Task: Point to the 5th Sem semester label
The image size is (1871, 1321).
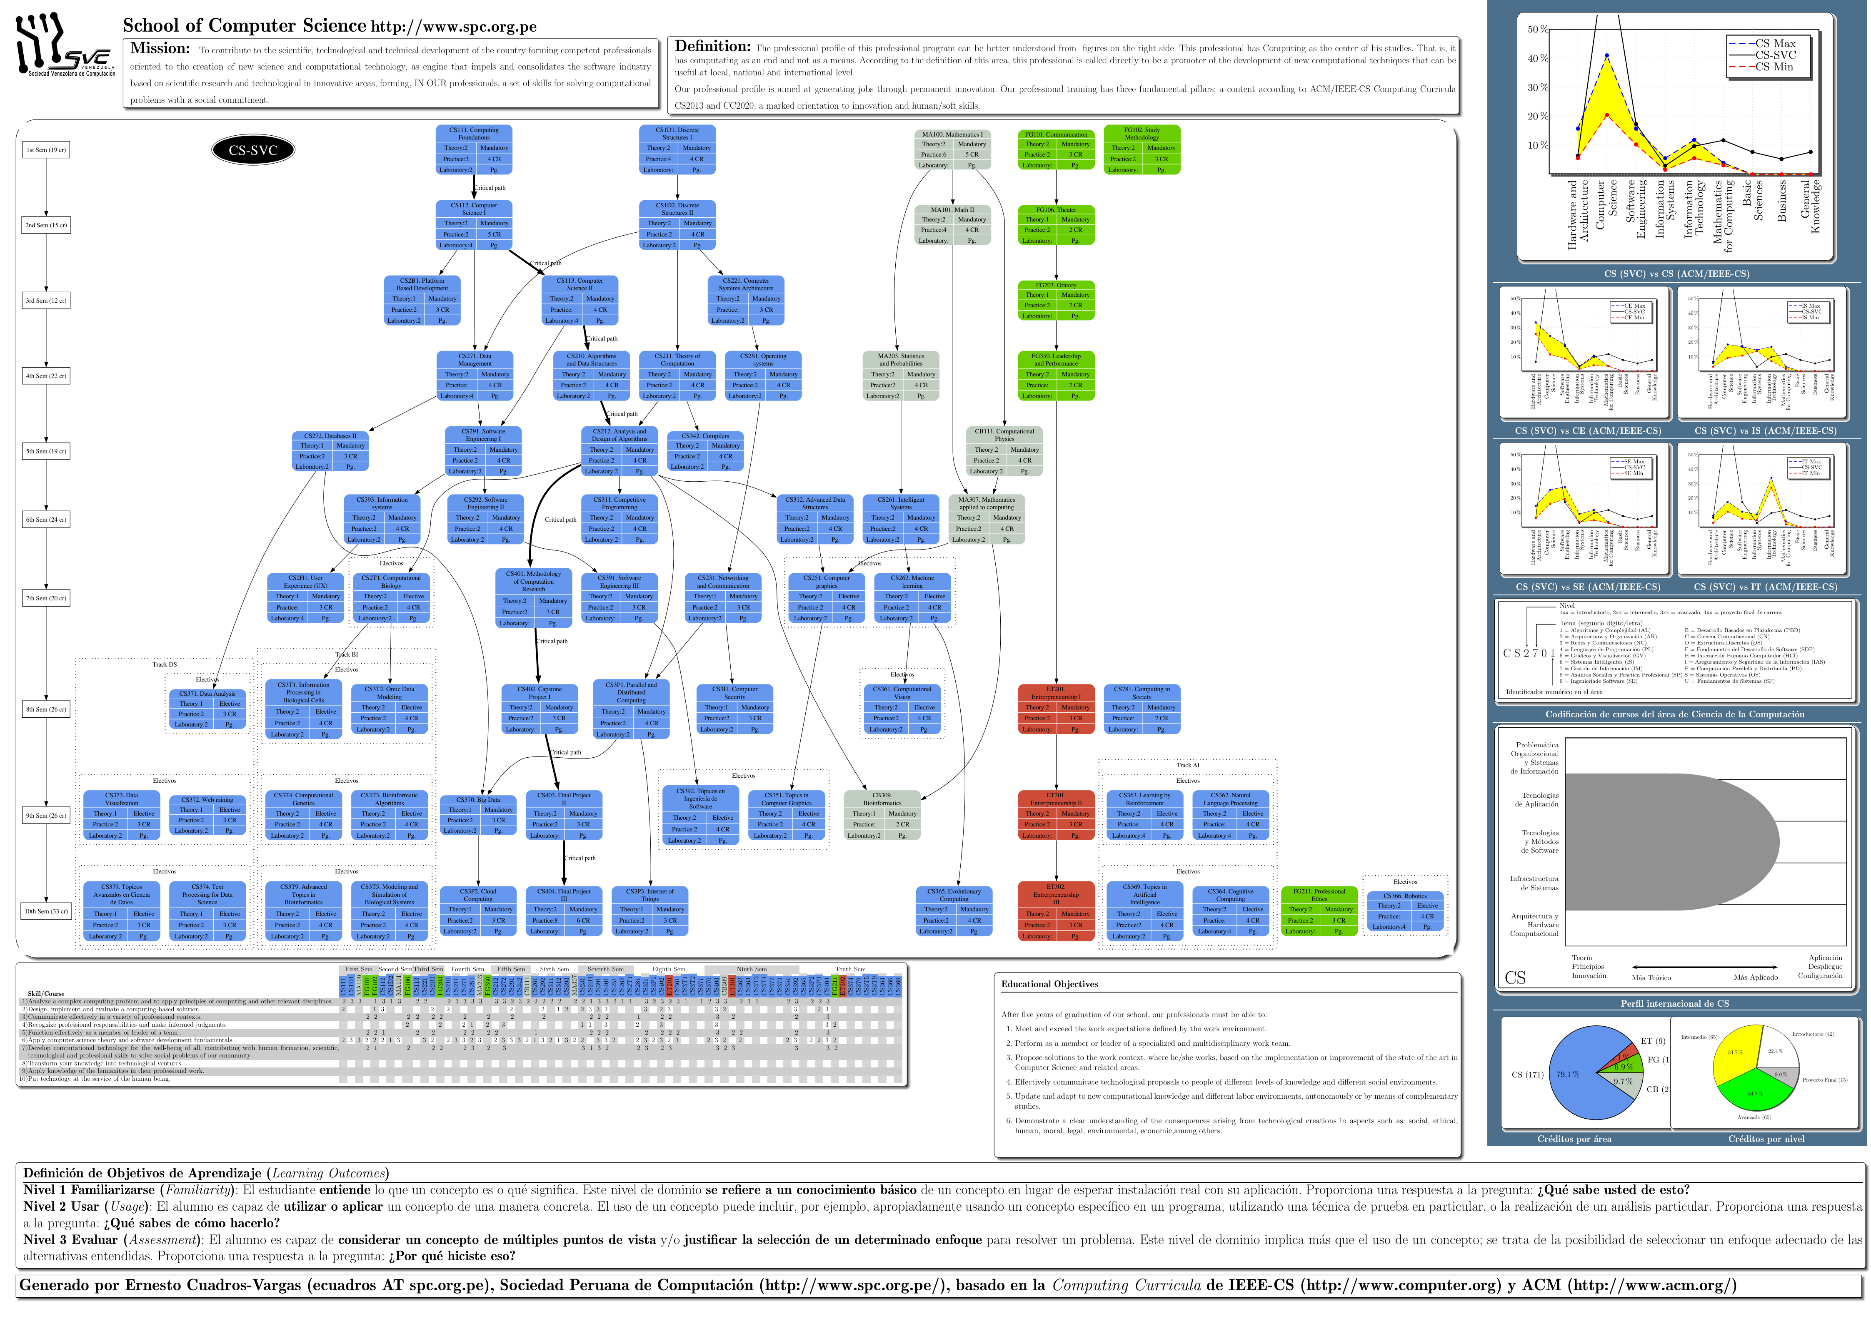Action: point(46,451)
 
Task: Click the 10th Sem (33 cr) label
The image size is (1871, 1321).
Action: point(46,911)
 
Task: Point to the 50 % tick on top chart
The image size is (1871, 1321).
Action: point(1537,29)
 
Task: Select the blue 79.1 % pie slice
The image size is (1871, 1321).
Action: point(1577,1073)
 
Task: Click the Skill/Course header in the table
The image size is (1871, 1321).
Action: point(46,994)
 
